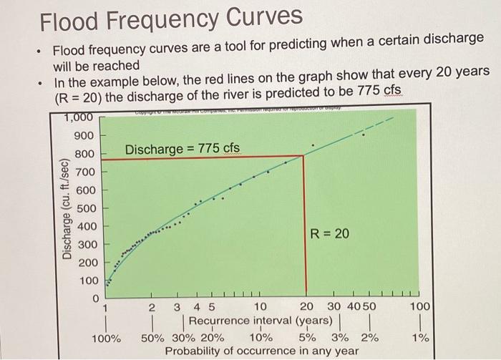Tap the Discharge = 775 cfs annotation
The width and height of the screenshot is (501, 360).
pyautogui.click(x=183, y=149)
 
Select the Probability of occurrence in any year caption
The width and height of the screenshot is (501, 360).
pyautogui.click(x=262, y=351)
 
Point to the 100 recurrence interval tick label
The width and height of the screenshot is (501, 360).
pyautogui.click(x=421, y=307)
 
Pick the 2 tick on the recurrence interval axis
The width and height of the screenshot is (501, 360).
pyautogui.click(x=152, y=307)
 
